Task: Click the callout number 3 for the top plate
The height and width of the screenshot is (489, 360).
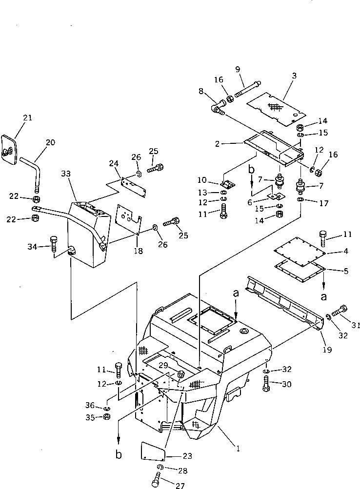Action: [x=294, y=76]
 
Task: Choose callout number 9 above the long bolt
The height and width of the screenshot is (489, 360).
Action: [x=238, y=69]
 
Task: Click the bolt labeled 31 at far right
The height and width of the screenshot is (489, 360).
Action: [x=340, y=310]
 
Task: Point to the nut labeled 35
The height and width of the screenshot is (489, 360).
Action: [x=106, y=417]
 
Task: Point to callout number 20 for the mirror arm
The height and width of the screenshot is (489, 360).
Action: [x=51, y=142]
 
